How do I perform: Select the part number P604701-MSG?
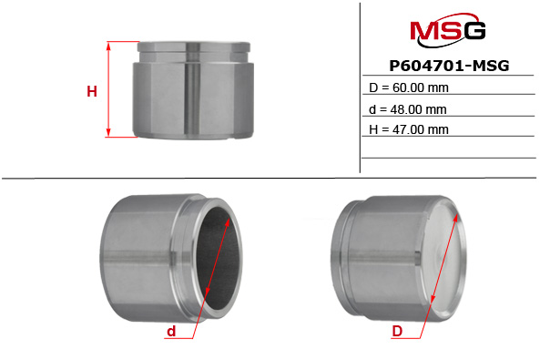click(448, 66)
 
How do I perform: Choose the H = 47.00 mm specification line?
click(409, 129)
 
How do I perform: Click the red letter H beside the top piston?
click(91, 90)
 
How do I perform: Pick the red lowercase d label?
click(170, 332)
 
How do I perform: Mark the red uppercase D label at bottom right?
click(397, 332)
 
